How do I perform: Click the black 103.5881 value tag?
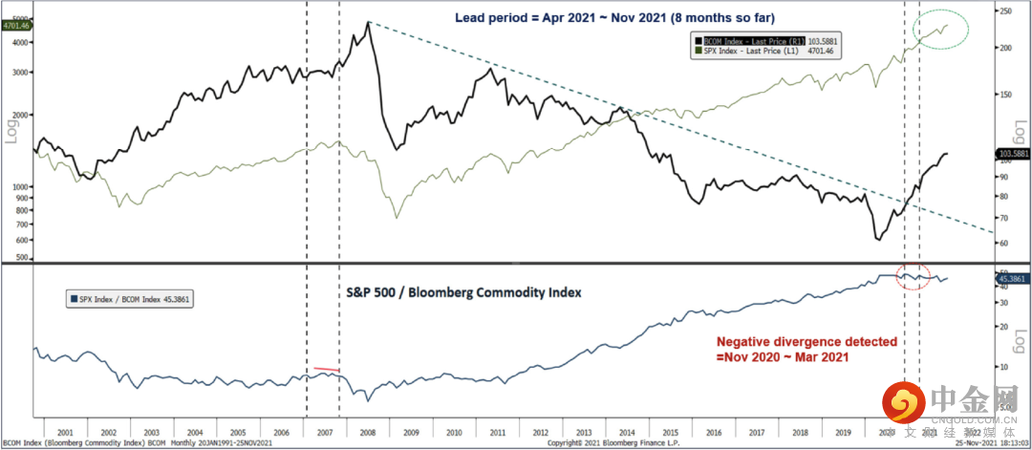coord(1012,153)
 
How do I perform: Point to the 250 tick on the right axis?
coord(1002,11)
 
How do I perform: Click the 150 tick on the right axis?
coord(1002,95)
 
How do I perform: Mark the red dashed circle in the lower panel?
coord(914,275)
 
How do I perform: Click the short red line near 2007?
coord(326,369)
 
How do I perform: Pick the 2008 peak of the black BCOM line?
coord(369,22)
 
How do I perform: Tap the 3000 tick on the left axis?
coord(21,71)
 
